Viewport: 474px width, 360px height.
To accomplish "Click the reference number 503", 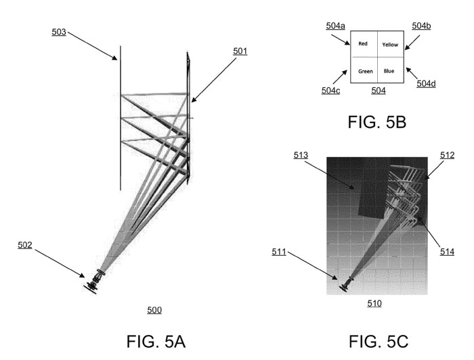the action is pyautogui.click(x=59, y=32).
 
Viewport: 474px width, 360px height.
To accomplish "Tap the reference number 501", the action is pyautogui.click(x=240, y=51).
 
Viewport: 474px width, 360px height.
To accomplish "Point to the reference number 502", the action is pyautogui.click(x=25, y=245).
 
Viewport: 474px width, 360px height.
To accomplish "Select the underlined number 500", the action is pyautogui.click(x=154, y=310).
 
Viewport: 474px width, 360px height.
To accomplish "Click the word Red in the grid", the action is pyautogui.click(x=363, y=44).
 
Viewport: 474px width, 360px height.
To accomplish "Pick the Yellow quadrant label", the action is pyautogui.click(x=390, y=45).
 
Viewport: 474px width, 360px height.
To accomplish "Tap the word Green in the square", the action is pyautogui.click(x=366, y=71).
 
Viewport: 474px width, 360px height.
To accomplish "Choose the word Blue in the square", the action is pyautogui.click(x=389, y=71).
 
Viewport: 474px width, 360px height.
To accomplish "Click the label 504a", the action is pyautogui.click(x=335, y=26).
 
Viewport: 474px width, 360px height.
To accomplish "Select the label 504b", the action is pyautogui.click(x=421, y=26).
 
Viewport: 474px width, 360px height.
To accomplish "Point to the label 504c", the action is pyautogui.click(x=330, y=91).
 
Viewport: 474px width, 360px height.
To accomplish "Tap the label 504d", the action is pyautogui.click(x=426, y=84).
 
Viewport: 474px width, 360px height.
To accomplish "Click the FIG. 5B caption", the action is pyautogui.click(x=377, y=122).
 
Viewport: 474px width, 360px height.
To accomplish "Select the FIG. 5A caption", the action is pyautogui.click(x=156, y=342).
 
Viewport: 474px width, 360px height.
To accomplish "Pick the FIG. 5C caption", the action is pyautogui.click(x=379, y=342).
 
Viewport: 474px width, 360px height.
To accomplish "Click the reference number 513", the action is pyautogui.click(x=301, y=155).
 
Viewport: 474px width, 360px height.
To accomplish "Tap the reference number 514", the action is pyautogui.click(x=447, y=252).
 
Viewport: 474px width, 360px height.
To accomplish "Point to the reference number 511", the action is pyautogui.click(x=279, y=252).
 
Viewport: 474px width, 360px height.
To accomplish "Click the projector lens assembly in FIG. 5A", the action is pyautogui.click(x=94, y=282).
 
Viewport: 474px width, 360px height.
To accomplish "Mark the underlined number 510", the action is pyautogui.click(x=374, y=303).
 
